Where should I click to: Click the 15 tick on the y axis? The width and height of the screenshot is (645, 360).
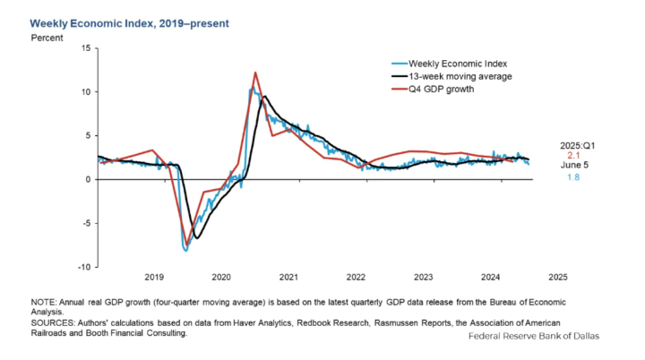point(85,47)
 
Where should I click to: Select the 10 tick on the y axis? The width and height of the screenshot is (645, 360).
point(85,91)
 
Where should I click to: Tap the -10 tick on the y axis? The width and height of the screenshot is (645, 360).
point(82,267)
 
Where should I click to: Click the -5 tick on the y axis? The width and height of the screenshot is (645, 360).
point(85,223)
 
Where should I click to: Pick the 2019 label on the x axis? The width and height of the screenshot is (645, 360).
point(154,278)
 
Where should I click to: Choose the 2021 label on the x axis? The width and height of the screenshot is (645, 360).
point(288,278)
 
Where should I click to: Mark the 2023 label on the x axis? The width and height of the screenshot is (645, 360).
point(423,278)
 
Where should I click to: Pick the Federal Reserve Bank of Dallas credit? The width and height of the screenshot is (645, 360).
point(533,336)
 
